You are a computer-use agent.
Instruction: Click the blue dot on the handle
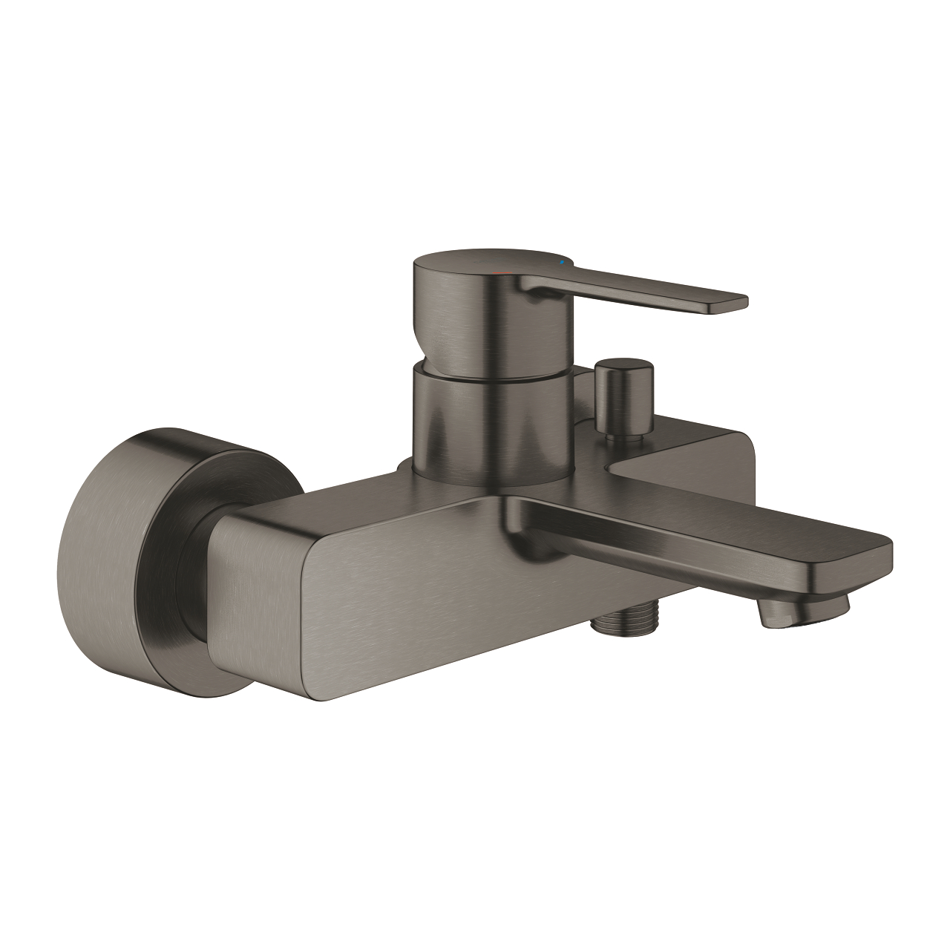click(x=562, y=263)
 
